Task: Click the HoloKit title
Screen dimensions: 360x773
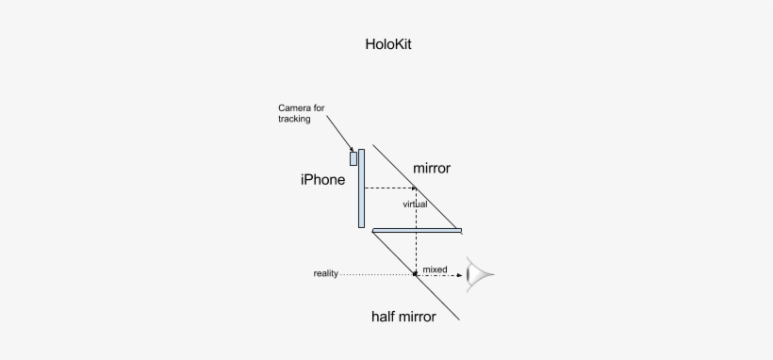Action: [x=387, y=44]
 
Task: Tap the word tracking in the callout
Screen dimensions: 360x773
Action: [x=295, y=119]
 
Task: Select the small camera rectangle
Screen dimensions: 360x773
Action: [x=354, y=157]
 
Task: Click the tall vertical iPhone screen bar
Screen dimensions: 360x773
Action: [x=361, y=188]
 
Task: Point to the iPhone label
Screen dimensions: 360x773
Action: [x=322, y=180]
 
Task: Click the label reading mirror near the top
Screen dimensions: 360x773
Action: [x=432, y=169]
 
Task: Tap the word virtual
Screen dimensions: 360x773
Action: [x=415, y=204]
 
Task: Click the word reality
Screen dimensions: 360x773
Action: [x=325, y=274]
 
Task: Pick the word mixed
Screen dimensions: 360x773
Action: [x=435, y=270]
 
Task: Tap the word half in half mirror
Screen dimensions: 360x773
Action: [x=386, y=318]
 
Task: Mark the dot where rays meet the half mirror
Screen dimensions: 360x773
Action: [x=416, y=274]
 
